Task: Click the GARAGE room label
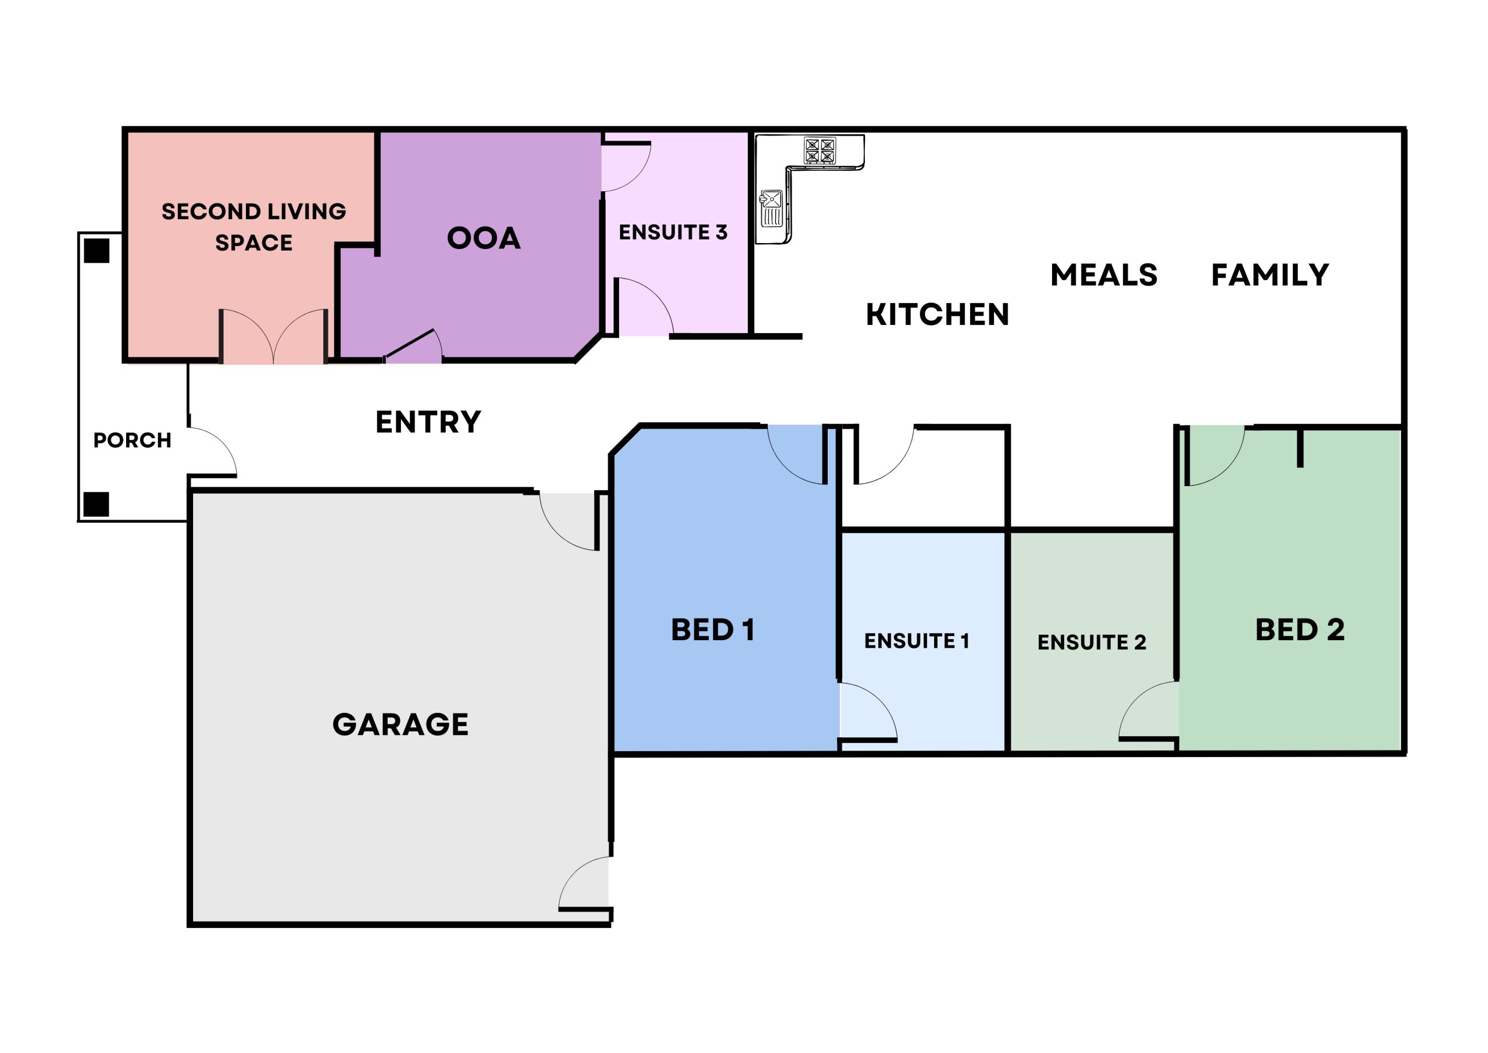click(400, 724)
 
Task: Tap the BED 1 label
click(713, 630)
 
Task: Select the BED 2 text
click(1300, 630)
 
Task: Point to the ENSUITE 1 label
click(917, 641)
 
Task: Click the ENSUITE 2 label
click(1092, 642)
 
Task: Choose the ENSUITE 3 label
click(673, 232)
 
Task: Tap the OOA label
click(484, 238)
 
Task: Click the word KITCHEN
click(937, 315)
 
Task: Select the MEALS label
click(1104, 275)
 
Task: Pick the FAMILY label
click(1270, 275)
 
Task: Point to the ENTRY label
click(428, 422)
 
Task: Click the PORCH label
click(132, 440)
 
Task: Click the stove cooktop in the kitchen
click(820, 151)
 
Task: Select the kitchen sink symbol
click(771, 208)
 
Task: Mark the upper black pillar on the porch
click(96, 250)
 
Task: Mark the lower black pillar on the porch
click(96, 504)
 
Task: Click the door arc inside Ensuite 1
click(876, 699)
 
